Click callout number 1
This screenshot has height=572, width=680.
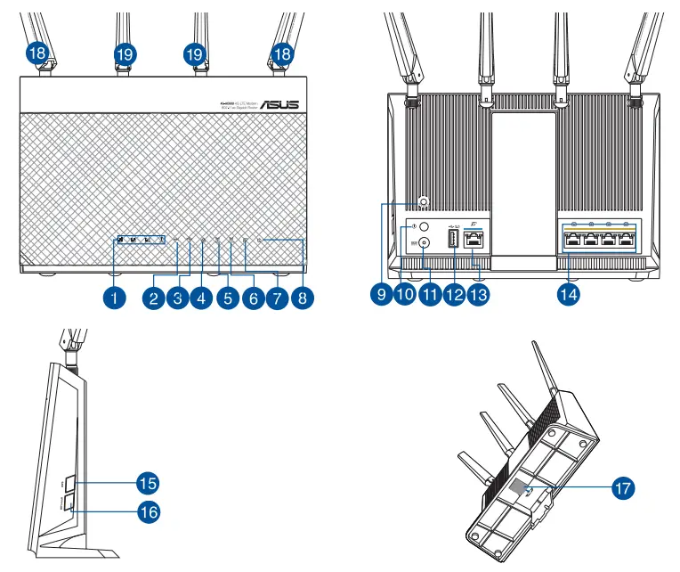click(x=112, y=298)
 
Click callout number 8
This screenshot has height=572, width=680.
click(x=304, y=298)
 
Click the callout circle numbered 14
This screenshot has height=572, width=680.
click(x=567, y=292)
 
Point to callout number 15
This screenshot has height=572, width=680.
click(x=147, y=483)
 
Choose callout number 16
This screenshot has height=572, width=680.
click(x=147, y=511)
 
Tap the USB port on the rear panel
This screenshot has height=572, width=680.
click(x=451, y=240)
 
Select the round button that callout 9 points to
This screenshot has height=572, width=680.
click(x=423, y=202)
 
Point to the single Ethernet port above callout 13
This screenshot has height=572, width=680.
click(x=475, y=240)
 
